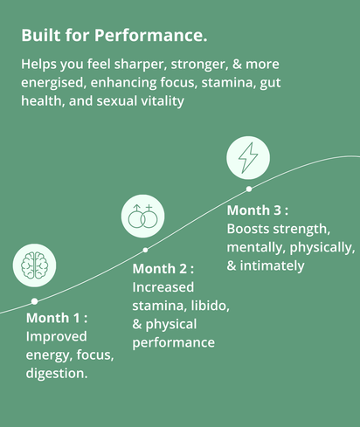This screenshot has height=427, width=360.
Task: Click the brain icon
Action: click(34, 265)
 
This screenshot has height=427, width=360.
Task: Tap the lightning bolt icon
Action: click(248, 157)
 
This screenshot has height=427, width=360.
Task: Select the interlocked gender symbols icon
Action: click(142, 216)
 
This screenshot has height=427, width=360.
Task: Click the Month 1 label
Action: click(57, 318)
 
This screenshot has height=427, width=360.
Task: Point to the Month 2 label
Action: click(163, 269)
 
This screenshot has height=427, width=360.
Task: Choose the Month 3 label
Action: click(258, 210)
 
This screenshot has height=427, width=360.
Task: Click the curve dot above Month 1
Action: click(34, 301)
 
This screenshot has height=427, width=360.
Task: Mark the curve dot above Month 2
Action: click(145, 250)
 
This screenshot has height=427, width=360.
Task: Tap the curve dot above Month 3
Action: click(249, 189)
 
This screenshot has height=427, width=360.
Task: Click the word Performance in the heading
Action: click(150, 35)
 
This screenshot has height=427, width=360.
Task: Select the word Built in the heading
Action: click(41, 35)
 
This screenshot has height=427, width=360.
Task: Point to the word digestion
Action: click(57, 373)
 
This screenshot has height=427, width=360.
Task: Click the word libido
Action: click(210, 306)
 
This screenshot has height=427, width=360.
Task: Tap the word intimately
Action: click(272, 265)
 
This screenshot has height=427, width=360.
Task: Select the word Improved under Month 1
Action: click(56, 336)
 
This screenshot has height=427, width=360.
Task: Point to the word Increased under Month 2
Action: click(163, 287)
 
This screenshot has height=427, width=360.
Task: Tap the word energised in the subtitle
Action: click(54, 83)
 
